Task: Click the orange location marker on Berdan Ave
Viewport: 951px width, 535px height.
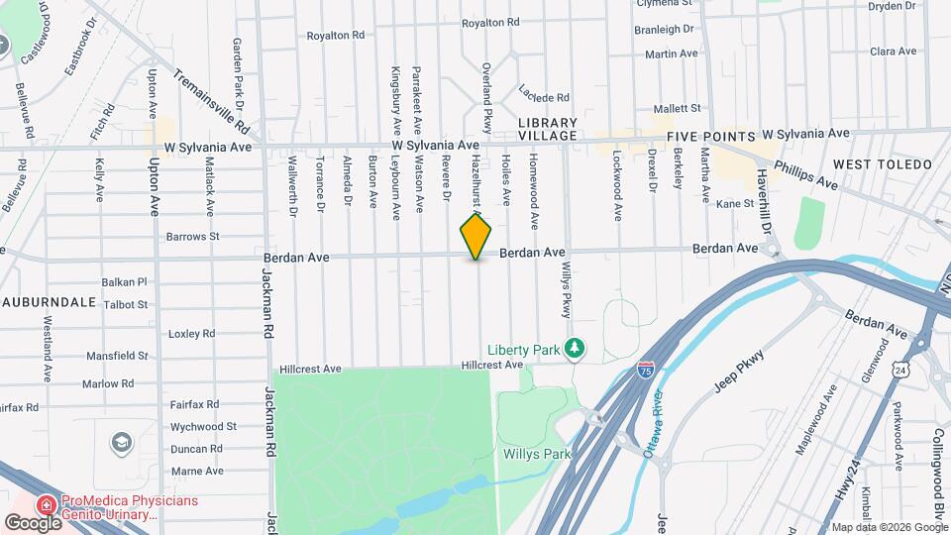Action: point(476,237)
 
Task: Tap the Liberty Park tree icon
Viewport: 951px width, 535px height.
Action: point(573,349)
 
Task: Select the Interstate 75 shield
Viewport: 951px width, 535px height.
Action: point(645,371)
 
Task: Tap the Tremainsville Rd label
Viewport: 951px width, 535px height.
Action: point(211,101)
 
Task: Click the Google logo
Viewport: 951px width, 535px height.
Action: point(32,522)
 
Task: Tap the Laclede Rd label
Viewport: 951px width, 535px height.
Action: point(544,97)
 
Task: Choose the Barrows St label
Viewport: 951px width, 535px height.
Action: point(192,237)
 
